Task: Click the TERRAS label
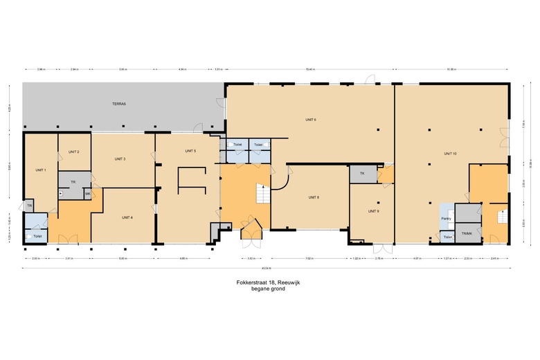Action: pyautogui.click(x=120, y=104)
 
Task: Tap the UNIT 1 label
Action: pyautogui.click(x=40, y=170)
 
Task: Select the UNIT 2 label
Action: pyautogui.click(x=74, y=152)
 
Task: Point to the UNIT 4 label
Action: pyautogui.click(x=127, y=217)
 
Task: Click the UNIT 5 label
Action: pyautogui.click(x=190, y=151)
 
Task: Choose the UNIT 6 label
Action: pyautogui.click(x=311, y=120)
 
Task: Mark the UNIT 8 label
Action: pyautogui.click(x=314, y=197)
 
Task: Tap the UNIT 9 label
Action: pyautogui.click(x=373, y=210)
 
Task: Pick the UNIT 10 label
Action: pyautogui.click(x=450, y=153)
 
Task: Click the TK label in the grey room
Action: pyautogui.click(x=361, y=173)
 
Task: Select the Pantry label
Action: pyautogui.click(x=447, y=218)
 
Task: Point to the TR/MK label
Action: pyautogui.click(x=467, y=233)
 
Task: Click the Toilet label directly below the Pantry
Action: pyautogui.click(x=448, y=237)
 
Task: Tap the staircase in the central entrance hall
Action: pyautogui.click(x=261, y=195)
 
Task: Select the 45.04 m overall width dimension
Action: pyautogui.click(x=266, y=268)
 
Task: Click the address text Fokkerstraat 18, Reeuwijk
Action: pyautogui.click(x=267, y=282)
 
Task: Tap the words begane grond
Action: pyautogui.click(x=267, y=289)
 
